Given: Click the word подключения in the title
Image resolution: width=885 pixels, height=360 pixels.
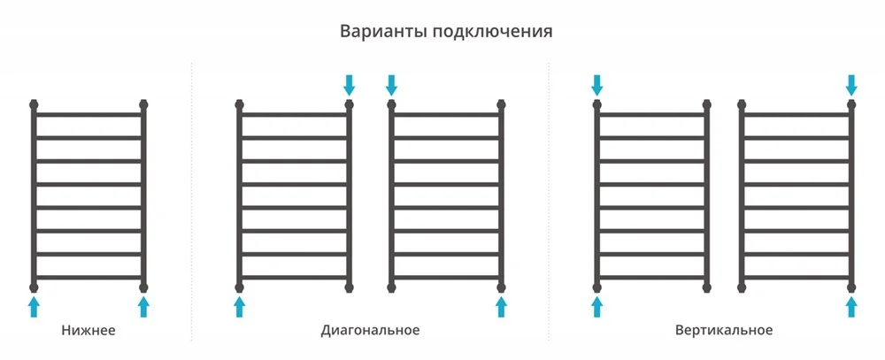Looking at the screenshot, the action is coord(492,32).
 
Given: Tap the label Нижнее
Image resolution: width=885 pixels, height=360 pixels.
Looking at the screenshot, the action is coord(88,330).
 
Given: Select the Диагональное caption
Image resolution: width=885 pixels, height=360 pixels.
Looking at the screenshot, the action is coord(370,330).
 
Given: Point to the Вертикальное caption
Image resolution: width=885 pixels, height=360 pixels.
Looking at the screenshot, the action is coord(724,330).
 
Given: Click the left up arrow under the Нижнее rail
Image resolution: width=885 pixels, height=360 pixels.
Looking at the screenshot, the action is coord(34,308).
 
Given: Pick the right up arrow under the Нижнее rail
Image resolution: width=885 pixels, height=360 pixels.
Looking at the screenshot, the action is coord(143,308).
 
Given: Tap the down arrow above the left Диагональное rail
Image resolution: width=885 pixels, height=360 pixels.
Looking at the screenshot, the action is coord(350,85).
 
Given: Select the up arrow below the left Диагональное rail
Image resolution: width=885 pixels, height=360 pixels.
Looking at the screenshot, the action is coord(239,308).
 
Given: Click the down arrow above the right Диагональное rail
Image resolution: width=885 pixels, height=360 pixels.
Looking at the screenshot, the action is coord(391,85).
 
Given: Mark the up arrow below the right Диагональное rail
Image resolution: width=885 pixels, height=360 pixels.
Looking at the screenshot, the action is coord(501,308).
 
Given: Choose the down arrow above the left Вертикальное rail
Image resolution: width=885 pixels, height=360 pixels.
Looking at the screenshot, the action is coord(597,85).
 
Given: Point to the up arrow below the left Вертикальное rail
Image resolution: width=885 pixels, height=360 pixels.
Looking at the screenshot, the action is coord(597,308).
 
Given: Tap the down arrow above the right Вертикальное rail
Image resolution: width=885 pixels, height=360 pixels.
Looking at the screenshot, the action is coord(851,85).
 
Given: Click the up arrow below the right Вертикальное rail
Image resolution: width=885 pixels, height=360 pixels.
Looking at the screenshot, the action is coord(851,308).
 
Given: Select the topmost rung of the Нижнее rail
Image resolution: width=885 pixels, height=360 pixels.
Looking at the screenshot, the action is coord(88,115).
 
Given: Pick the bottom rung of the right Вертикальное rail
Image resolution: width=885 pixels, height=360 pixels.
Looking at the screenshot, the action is coord(796,278).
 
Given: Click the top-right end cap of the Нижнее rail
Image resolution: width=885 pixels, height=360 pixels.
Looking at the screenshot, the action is coord(143,104).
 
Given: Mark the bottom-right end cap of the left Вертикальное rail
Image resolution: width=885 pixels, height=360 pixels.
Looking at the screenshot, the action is coord(706,287).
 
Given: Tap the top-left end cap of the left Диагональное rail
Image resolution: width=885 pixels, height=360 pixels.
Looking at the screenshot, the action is coord(239,104).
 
